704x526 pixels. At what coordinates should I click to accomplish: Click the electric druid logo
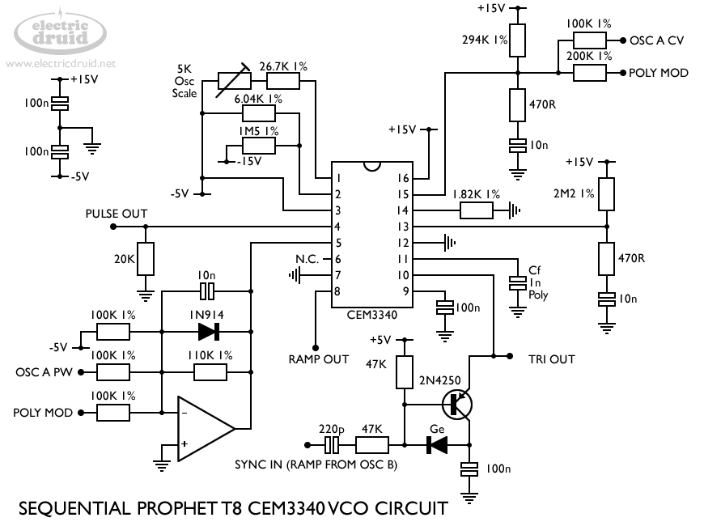[61, 31]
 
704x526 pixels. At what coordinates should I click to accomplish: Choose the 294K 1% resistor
[518, 40]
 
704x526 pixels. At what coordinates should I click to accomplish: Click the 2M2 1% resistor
[606, 193]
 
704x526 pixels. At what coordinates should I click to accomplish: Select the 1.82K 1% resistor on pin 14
[476, 210]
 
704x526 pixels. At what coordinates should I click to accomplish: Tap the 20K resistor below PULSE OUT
[145, 259]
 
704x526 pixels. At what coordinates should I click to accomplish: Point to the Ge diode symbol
[437, 444]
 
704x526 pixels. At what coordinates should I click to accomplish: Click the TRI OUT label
[552, 358]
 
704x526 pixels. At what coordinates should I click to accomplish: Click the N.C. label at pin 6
[307, 259]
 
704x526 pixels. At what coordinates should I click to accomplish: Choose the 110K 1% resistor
[210, 371]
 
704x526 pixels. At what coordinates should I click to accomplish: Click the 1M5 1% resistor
[258, 146]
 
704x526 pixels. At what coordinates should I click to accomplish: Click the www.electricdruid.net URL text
[61, 63]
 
